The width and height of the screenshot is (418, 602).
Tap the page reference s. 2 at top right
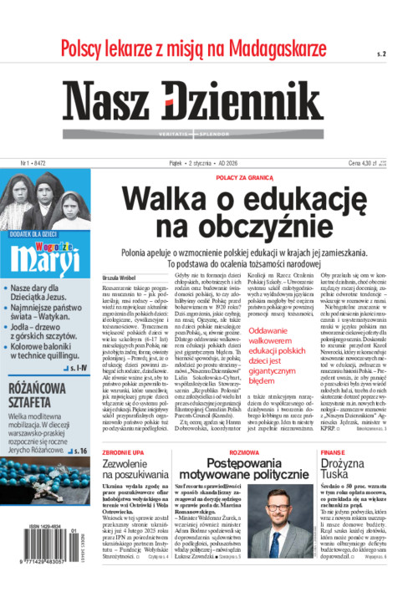point(381,54)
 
